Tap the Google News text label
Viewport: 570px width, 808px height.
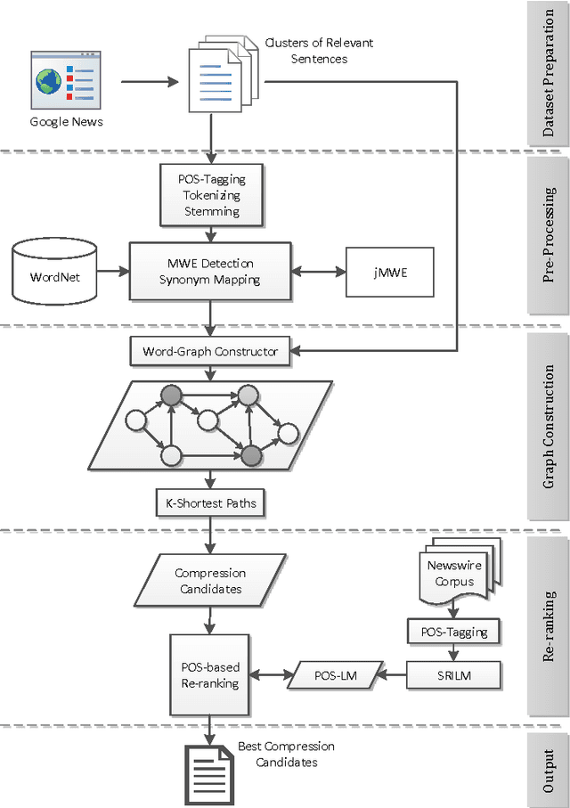[x=67, y=121]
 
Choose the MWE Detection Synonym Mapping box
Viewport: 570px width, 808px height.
[x=211, y=272]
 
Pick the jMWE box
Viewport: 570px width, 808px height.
[x=389, y=272]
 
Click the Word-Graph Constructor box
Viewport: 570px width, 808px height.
[x=210, y=351]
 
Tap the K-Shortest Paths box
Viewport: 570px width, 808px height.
[x=211, y=503]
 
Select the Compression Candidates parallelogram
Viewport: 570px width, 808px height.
[x=210, y=581]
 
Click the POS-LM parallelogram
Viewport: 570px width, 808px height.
[x=336, y=675]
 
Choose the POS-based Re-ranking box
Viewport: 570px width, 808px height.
[x=211, y=674]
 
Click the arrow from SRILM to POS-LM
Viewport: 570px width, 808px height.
[x=395, y=675]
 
